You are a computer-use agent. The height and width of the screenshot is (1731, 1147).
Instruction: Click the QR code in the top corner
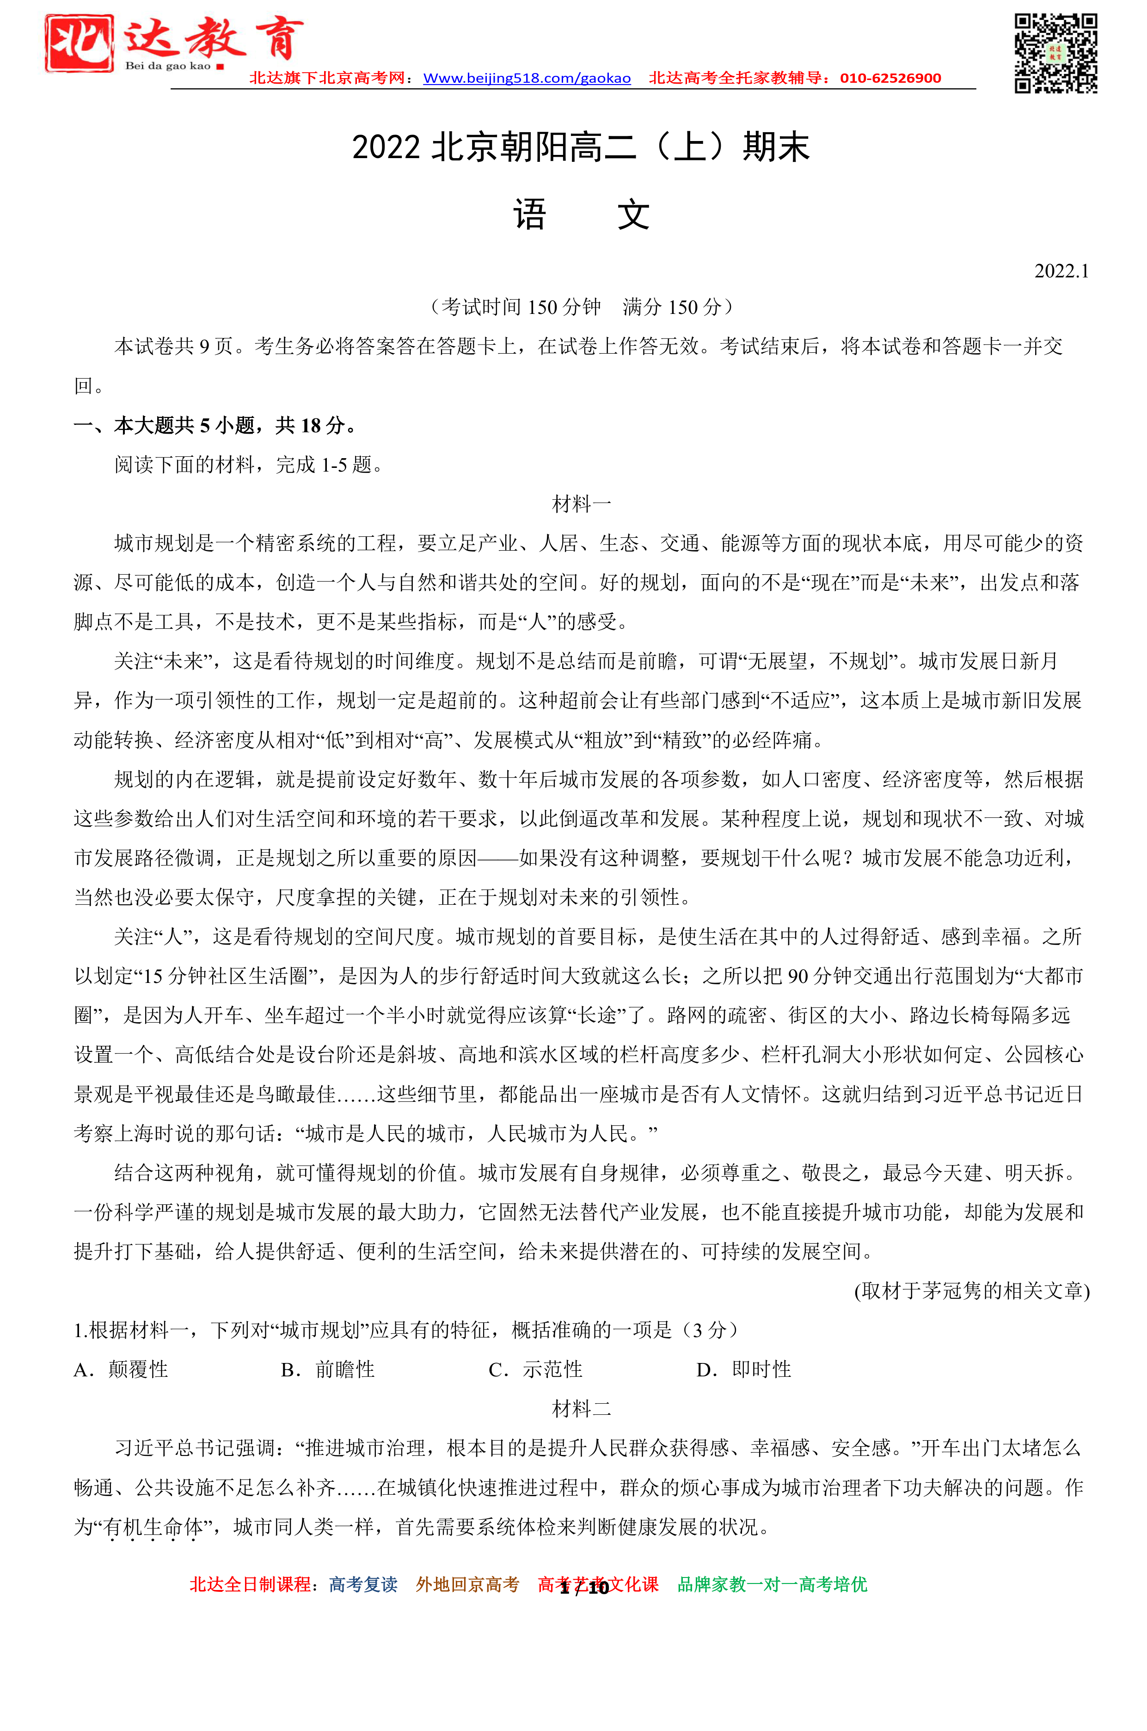coord(1055,54)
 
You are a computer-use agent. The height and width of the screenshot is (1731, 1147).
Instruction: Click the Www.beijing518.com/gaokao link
coord(527,78)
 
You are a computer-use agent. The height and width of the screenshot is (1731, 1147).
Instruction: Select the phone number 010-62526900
coord(890,78)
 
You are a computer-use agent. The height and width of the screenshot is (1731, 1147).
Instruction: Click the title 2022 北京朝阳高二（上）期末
coord(581,147)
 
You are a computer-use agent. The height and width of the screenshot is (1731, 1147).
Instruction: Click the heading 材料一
coord(582,503)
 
